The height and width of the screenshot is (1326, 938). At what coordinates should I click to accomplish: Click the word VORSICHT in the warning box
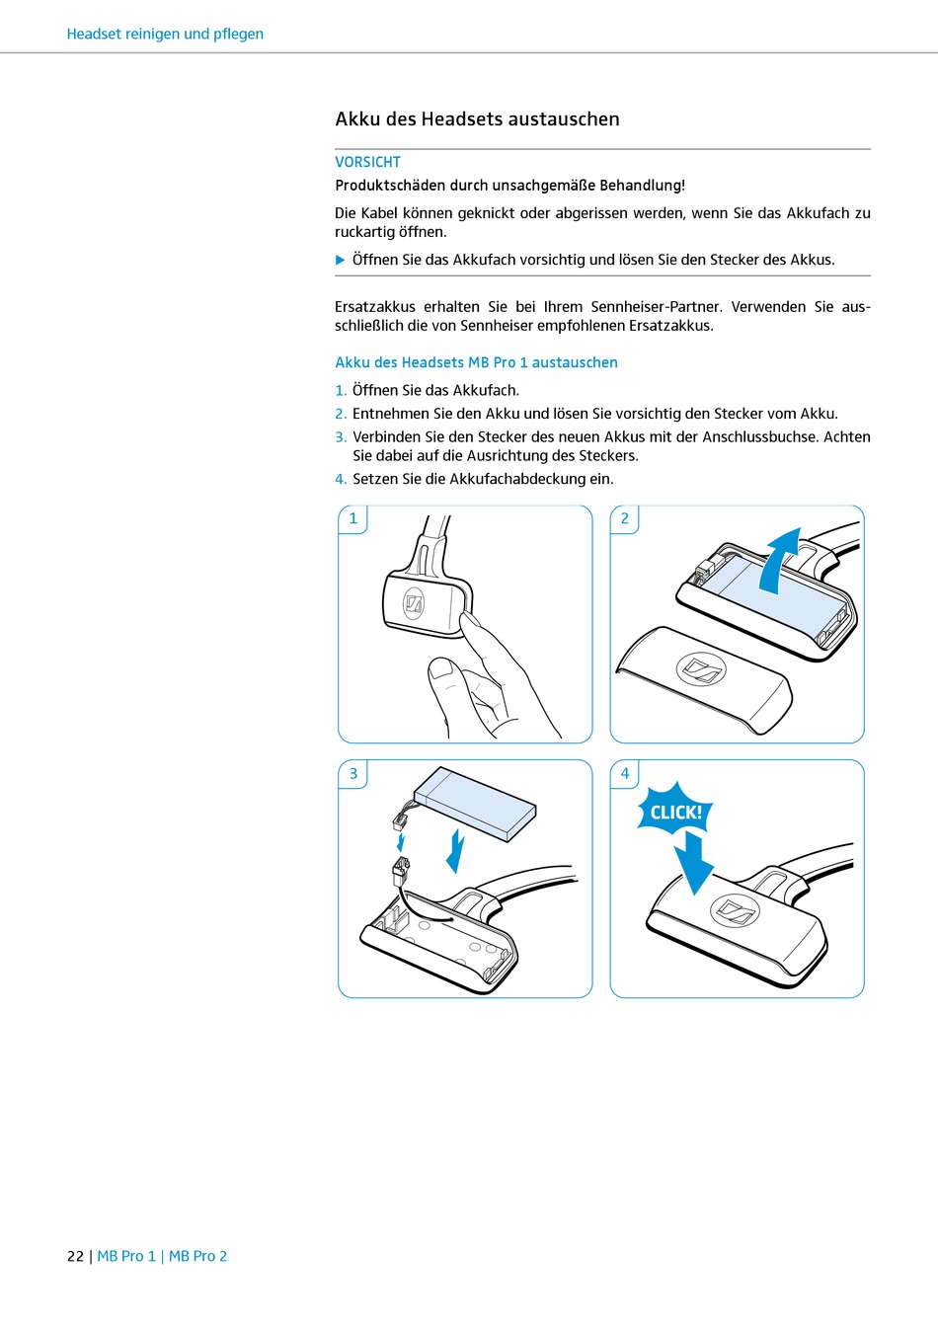click(x=367, y=162)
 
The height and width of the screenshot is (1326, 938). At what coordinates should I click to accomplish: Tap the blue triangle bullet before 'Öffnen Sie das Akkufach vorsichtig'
click(x=340, y=260)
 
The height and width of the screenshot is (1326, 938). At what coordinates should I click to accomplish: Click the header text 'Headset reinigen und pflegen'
click(x=165, y=34)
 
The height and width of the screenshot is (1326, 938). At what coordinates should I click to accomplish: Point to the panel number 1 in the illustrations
click(x=353, y=518)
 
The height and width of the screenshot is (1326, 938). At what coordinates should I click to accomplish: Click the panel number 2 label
click(x=625, y=518)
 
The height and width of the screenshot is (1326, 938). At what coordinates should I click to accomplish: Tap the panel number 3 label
click(x=353, y=774)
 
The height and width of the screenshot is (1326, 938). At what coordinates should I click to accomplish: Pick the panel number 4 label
click(x=625, y=774)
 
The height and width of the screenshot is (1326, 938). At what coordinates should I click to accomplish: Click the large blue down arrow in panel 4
click(x=694, y=861)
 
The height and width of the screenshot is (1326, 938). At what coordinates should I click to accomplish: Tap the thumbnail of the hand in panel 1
click(x=439, y=668)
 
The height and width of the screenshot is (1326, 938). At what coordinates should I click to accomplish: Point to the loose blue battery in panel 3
click(x=475, y=803)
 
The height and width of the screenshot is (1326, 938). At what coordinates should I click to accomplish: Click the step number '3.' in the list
click(x=341, y=437)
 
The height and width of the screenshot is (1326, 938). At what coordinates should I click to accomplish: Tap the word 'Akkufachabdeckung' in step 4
click(x=517, y=479)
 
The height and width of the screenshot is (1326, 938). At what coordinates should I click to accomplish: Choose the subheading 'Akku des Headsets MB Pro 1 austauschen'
click(x=476, y=362)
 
